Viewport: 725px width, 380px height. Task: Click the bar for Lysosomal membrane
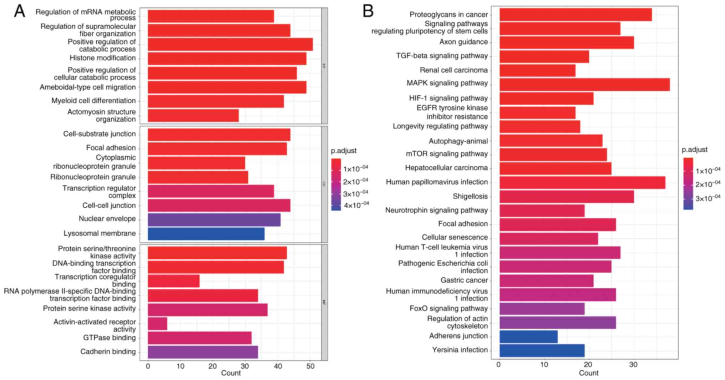[206, 234]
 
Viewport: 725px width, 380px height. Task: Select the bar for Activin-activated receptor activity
[157, 324]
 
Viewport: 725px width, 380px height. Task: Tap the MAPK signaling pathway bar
[584, 85]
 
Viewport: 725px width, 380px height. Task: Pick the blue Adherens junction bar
[528, 336]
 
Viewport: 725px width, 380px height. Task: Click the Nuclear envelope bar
[214, 220]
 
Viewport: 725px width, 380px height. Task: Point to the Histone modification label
[103, 58]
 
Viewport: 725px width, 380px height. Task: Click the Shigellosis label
[470, 196]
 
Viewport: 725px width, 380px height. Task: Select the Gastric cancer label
[464, 280]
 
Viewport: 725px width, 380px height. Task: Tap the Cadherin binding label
[108, 351]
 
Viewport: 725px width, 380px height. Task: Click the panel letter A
[19, 11]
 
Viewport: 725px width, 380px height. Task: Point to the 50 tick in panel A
[310, 366]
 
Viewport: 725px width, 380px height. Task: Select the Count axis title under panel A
[231, 373]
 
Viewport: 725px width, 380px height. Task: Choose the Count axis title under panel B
[588, 373]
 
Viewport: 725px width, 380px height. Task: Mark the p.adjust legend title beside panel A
[343, 151]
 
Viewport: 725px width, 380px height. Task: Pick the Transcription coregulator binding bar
[173, 281]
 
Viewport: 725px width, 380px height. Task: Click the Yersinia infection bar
[542, 350]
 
